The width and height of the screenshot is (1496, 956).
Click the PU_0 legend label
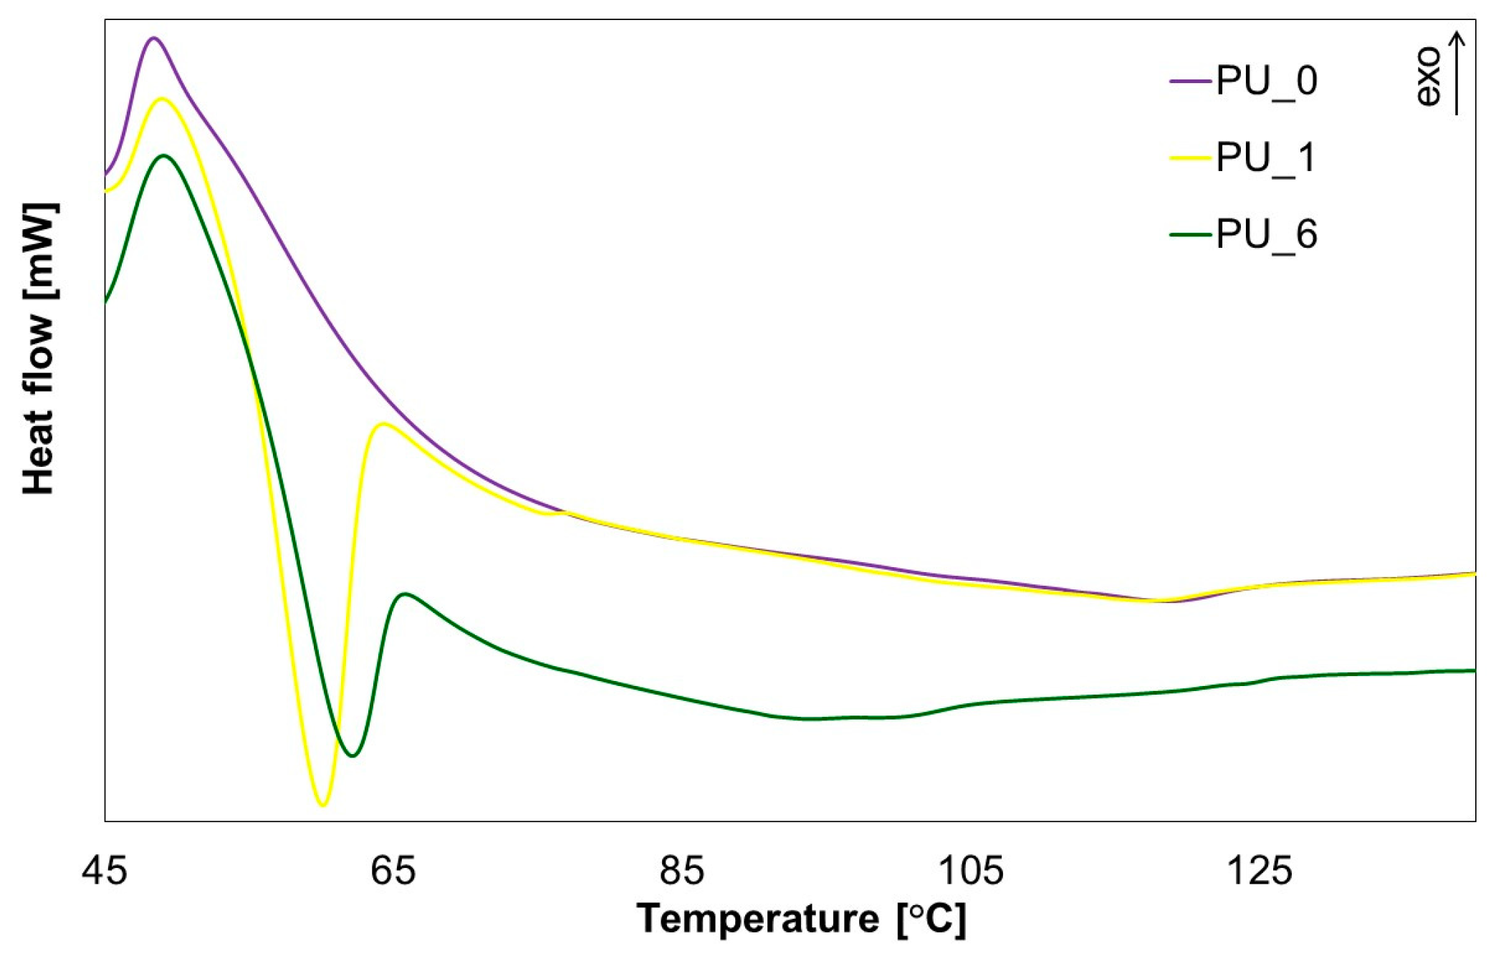point(1267,81)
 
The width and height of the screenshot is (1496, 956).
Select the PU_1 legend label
point(1267,158)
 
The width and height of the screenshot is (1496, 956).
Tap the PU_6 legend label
point(1267,234)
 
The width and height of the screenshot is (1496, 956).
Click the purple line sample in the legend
point(1190,81)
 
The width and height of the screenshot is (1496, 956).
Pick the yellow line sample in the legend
point(1190,158)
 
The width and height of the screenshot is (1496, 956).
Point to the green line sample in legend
point(1190,234)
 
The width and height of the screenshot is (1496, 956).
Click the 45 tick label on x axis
point(105,871)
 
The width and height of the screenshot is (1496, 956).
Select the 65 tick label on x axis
point(393,871)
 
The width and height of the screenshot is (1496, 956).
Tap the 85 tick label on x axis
point(681,871)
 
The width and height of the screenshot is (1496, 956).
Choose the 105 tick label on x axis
point(970,871)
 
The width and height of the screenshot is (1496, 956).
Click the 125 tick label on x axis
point(1259,871)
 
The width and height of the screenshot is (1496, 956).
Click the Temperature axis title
point(801,918)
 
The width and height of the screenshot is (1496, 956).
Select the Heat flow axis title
point(39,349)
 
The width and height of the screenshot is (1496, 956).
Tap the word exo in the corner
point(1428,77)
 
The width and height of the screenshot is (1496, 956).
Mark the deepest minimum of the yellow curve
point(323,805)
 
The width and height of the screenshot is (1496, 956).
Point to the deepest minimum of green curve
point(352,755)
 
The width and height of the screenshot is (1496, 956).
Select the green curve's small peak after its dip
point(405,594)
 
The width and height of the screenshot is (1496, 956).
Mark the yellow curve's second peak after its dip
point(383,423)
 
